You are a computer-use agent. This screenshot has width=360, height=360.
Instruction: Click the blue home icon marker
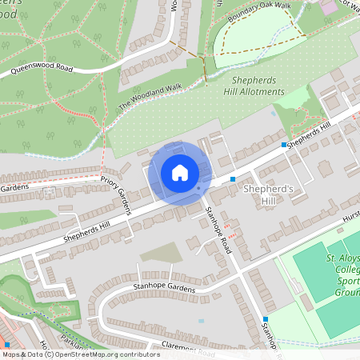(x=180, y=172)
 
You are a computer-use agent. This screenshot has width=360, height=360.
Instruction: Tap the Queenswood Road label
(x=42, y=69)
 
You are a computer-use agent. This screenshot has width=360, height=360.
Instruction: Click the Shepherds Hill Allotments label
(x=257, y=86)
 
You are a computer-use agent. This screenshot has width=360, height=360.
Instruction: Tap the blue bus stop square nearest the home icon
(x=233, y=179)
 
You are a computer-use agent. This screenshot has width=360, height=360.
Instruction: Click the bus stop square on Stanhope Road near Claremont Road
(x=266, y=319)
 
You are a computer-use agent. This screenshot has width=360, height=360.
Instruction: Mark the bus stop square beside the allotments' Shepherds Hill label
(x=284, y=145)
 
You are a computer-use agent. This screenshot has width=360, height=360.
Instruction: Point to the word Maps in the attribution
(x=11, y=354)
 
